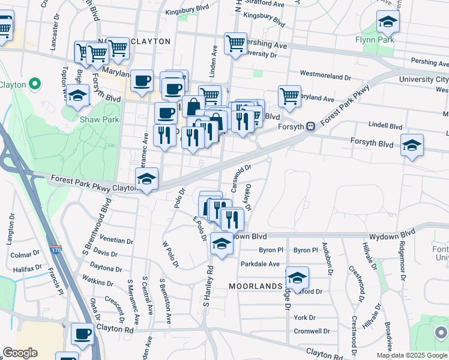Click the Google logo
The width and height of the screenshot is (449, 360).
click(x=20, y=353)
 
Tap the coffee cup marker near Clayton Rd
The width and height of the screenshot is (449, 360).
click(x=82, y=333)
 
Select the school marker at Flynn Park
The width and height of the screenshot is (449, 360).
click(x=388, y=22)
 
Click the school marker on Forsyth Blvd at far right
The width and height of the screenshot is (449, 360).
click(x=412, y=145)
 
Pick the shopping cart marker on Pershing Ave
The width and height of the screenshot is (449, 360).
click(x=235, y=43)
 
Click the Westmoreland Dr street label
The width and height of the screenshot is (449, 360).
click(x=325, y=76)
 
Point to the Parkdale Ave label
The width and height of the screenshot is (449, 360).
click(x=260, y=264)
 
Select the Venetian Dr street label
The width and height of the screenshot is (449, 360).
click(x=116, y=241)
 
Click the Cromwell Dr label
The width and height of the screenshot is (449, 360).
click(x=312, y=331)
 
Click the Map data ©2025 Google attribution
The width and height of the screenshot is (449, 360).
click(x=412, y=355)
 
